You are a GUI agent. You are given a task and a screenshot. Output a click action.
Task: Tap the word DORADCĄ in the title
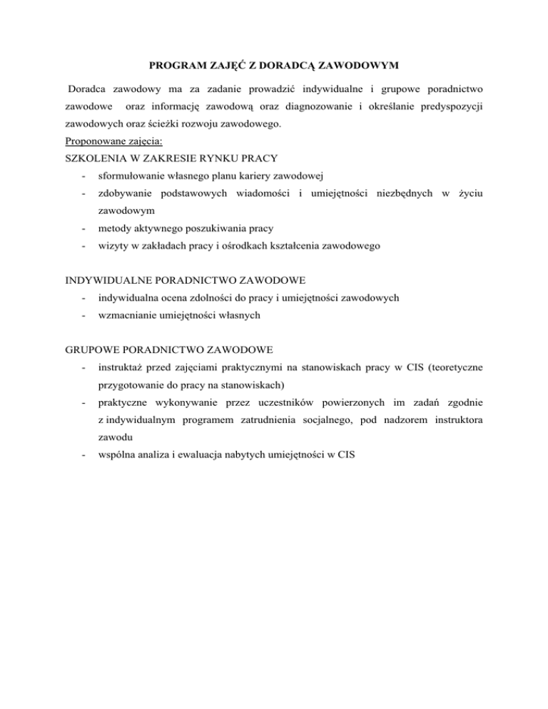(284, 66)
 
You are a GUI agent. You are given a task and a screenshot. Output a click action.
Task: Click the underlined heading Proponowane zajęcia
(113, 141)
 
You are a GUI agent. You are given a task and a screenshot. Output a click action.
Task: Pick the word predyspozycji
(447, 108)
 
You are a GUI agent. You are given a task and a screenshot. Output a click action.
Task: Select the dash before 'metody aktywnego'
(84, 229)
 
